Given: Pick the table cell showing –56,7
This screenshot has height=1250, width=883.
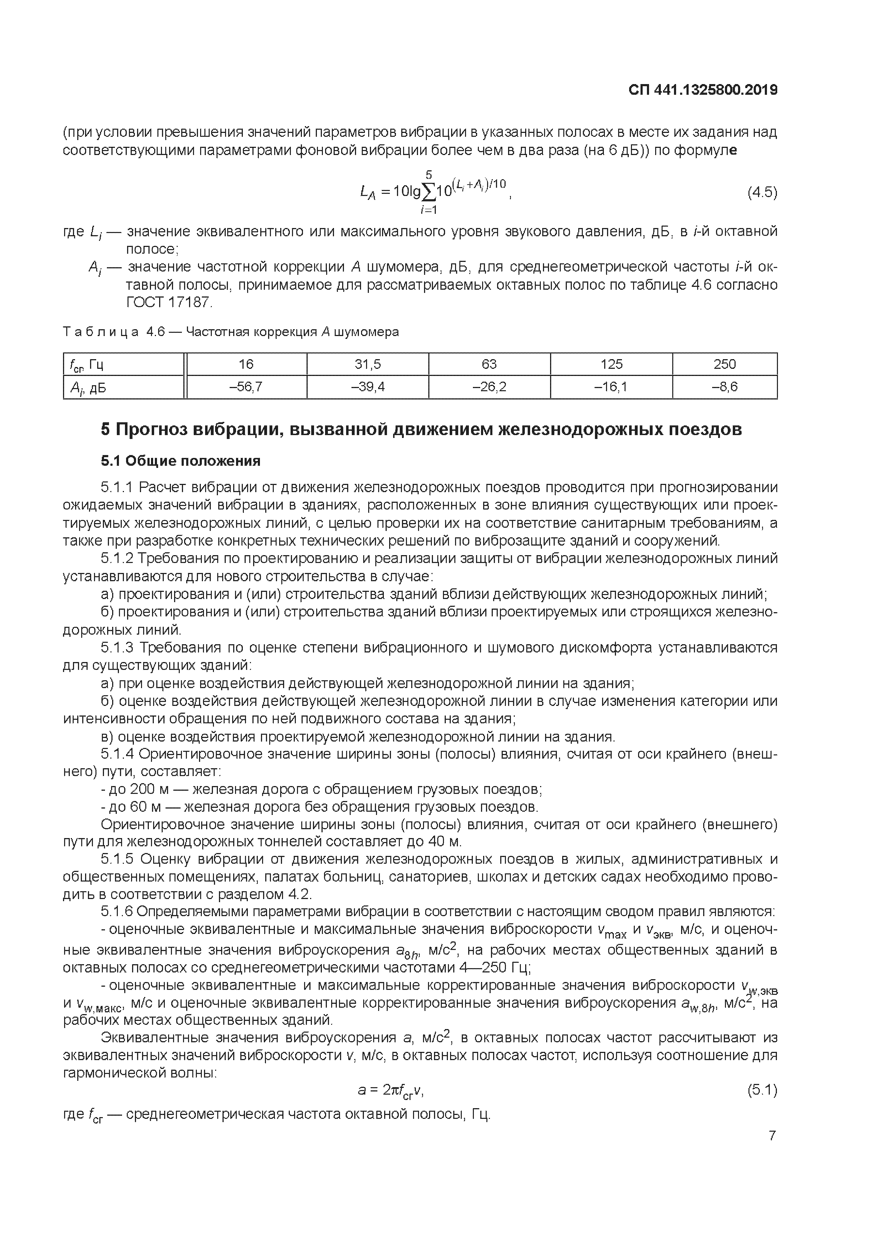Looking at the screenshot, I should [x=246, y=387].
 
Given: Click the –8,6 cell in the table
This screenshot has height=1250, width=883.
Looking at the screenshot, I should [x=724, y=387].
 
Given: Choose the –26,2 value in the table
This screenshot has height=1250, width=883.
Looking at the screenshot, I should [x=489, y=387].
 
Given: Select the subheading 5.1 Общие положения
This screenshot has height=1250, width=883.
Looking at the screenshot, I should [x=181, y=461].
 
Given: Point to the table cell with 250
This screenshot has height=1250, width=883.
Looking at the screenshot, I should [x=724, y=364].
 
